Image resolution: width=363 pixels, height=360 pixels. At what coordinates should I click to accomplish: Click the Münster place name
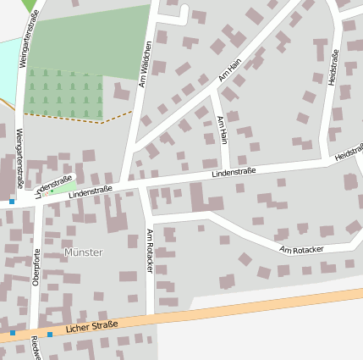[x=83, y=252]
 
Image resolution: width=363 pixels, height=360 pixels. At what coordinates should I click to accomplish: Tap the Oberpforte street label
[x=36, y=269]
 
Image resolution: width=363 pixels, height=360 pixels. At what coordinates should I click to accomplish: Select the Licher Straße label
[x=91, y=325]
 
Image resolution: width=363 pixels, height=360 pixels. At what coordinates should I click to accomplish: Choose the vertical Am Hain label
[x=223, y=130]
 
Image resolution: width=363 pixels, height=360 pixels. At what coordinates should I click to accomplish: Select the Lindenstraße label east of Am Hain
[x=234, y=173]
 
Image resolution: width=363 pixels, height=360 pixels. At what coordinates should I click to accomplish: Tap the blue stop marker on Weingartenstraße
[x=12, y=202]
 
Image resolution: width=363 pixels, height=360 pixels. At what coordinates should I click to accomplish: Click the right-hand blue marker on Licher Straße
[x=50, y=335]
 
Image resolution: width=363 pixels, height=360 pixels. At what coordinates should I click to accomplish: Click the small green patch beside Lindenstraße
[x=66, y=187]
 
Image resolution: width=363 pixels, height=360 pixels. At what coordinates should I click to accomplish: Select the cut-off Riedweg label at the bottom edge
[x=36, y=349]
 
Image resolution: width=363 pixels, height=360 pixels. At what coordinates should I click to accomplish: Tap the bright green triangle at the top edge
[x=30, y=5]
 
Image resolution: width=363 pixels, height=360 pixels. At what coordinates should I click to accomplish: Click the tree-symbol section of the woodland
[x=63, y=91]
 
